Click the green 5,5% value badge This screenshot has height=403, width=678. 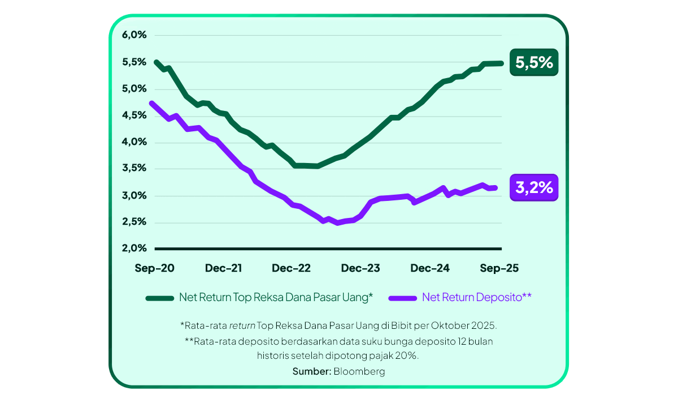(x=534, y=62)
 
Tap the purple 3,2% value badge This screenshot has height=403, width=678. (x=534, y=187)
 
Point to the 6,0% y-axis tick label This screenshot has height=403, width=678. (x=134, y=35)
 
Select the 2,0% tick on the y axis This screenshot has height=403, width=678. (x=134, y=248)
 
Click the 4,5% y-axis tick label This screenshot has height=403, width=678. (x=134, y=115)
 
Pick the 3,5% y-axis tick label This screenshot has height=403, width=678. (x=134, y=169)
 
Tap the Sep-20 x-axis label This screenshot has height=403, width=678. (x=154, y=268)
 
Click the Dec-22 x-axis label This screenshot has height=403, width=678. (x=292, y=268)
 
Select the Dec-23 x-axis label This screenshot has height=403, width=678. (x=360, y=268)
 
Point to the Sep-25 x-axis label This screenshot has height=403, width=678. (x=498, y=268)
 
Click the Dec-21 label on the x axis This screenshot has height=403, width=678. (x=224, y=268)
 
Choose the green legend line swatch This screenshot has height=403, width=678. (x=160, y=298)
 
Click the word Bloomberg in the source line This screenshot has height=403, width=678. (x=359, y=371)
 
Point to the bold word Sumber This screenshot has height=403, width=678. (x=311, y=371)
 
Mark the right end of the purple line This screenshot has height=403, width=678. (x=496, y=188)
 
